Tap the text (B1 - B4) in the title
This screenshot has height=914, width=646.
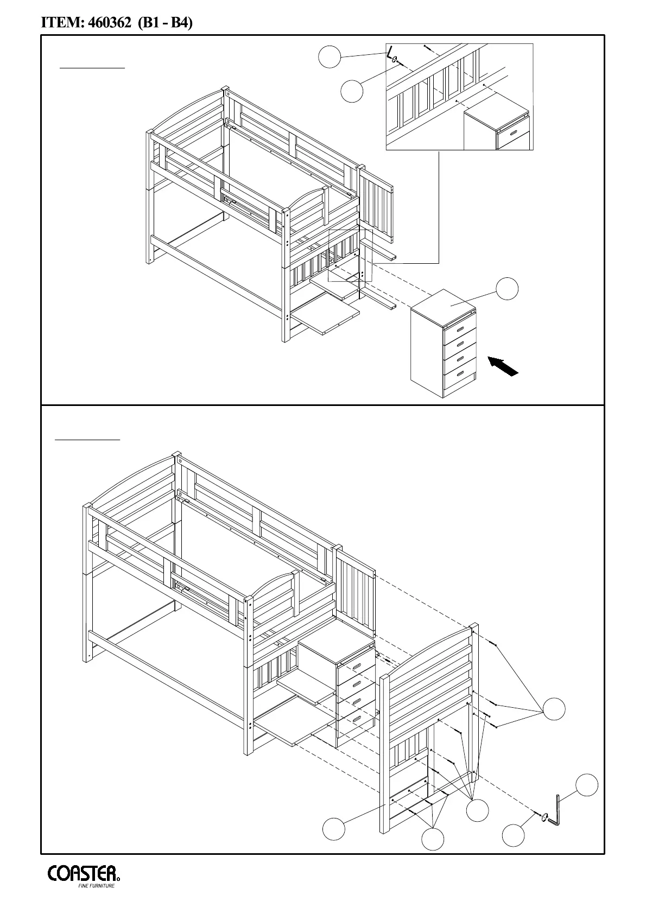[166, 23]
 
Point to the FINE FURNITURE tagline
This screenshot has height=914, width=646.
[97, 886]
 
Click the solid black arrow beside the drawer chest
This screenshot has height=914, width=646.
[503, 365]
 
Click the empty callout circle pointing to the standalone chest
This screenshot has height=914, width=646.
[508, 288]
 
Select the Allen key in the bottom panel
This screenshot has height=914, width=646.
[555, 810]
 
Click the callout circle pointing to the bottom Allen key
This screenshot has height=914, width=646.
[587, 785]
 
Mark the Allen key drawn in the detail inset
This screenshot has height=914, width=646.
[390, 54]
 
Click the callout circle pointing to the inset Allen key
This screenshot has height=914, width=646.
[329, 57]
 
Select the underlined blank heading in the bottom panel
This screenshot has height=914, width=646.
[87, 438]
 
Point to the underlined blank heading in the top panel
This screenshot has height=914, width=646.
[92, 68]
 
